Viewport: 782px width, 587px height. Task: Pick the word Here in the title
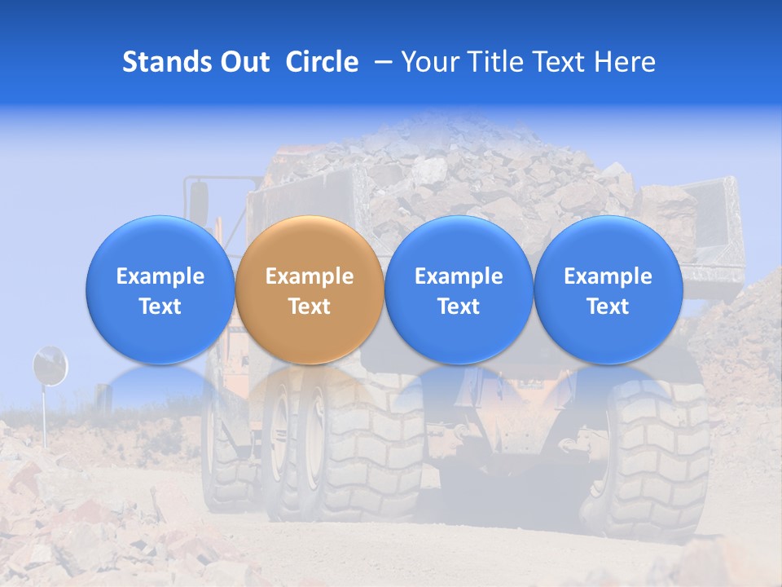coord(625,62)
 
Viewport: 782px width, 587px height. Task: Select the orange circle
coord(310,289)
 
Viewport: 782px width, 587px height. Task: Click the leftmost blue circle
coord(160,289)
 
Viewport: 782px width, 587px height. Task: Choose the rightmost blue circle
coord(608,289)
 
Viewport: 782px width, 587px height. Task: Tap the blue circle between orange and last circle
coord(459,289)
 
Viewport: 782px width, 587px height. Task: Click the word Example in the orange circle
coord(310,276)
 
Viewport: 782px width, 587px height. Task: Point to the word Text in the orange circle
coord(310,307)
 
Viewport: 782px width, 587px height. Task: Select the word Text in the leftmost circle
coord(160,307)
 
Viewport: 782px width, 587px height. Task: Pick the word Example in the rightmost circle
coord(608,276)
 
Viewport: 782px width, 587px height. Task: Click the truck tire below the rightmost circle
coord(644,465)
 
